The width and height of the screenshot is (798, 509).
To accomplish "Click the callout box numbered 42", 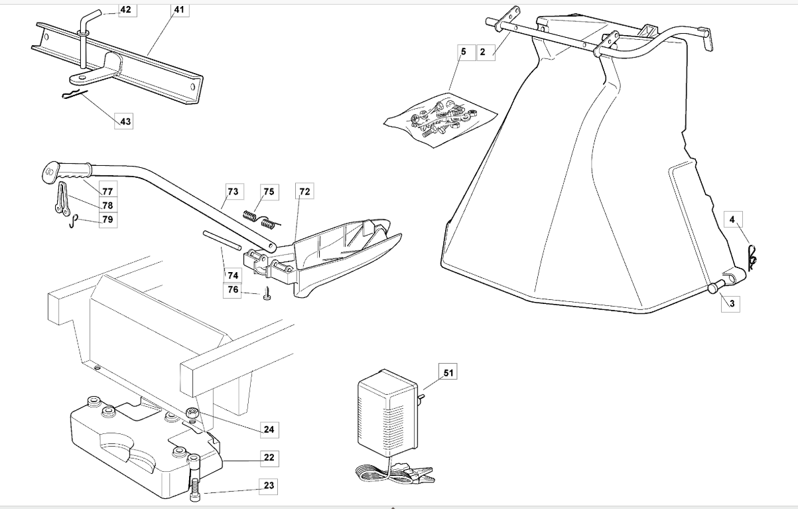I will tap(126, 10).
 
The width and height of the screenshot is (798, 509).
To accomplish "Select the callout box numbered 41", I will tap(178, 10).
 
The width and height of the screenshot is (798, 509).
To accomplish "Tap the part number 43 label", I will tap(125, 121).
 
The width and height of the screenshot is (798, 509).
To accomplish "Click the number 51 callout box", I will tap(448, 373).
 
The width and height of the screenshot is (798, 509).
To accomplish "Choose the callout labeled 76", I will tap(232, 290).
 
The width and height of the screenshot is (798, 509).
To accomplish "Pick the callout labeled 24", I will tap(268, 430).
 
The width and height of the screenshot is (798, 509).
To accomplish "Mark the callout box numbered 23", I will tap(268, 486).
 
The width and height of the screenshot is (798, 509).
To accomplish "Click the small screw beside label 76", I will tap(267, 293).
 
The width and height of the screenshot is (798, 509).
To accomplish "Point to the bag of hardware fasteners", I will tap(442, 119).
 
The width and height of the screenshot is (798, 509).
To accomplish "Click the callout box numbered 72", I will tap(304, 192).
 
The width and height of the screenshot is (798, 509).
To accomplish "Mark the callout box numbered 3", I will tap(732, 303).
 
